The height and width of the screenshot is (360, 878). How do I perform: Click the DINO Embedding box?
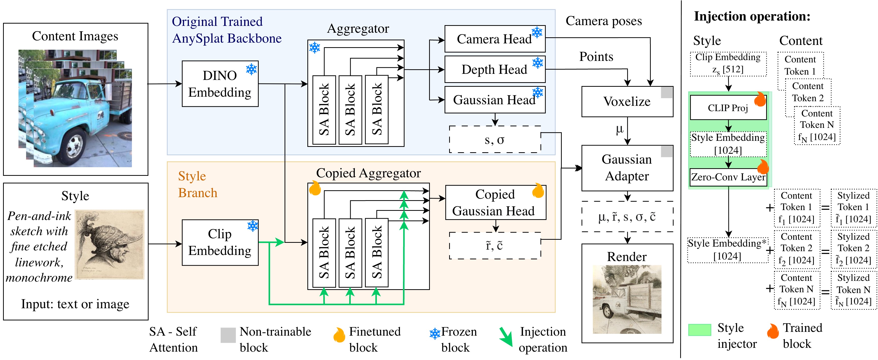coord(220,84)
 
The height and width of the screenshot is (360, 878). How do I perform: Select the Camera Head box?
coord(494,39)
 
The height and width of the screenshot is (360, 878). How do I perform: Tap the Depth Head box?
coord(494,70)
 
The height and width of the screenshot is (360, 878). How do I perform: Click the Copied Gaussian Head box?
coord(495,202)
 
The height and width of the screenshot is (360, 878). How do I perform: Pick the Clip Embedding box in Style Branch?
coord(220,242)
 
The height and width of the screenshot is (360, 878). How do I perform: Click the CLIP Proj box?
coord(728,108)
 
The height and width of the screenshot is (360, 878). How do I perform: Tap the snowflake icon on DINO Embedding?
coord(252,70)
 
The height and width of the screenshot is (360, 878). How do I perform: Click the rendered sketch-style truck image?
coord(627,299)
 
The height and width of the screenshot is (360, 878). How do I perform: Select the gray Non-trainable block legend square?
coord(228,335)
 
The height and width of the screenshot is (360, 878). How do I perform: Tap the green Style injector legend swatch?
coord(699,330)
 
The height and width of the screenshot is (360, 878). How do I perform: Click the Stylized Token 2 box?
coord(853,248)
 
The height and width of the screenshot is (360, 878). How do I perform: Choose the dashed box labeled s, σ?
coord(495,140)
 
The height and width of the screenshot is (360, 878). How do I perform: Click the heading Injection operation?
coord(752,16)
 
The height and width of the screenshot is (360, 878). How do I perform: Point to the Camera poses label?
coord(603,21)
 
